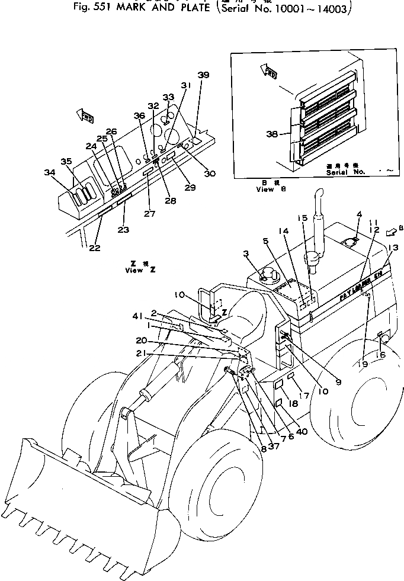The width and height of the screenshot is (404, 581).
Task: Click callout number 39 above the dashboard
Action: click(x=203, y=75)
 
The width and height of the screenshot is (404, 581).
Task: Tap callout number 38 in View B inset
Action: click(x=272, y=134)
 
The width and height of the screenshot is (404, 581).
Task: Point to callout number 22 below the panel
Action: click(x=95, y=247)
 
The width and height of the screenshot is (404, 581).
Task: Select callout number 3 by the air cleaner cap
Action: click(x=246, y=254)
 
